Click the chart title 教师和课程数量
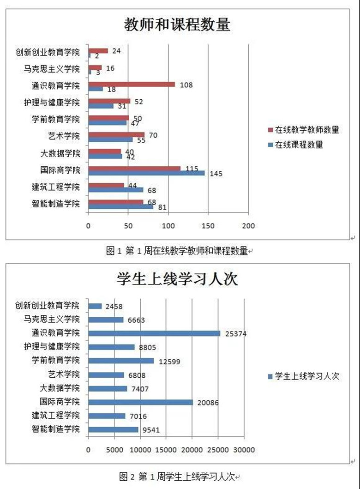tap(177, 25)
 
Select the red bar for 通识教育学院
tap(132, 84)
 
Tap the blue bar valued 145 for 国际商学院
tap(146, 173)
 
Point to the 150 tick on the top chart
tap(208, 226)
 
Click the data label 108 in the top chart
tap(186, 85)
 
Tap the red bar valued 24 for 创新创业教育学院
tap(98, 51)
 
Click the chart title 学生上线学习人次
tap(177, 279)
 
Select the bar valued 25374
tap(154, 333)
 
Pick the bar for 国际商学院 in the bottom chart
tap(140, 402)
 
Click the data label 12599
tap(169, 361)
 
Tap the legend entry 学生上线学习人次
tap(303, 376)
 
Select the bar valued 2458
tap(95, 306)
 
